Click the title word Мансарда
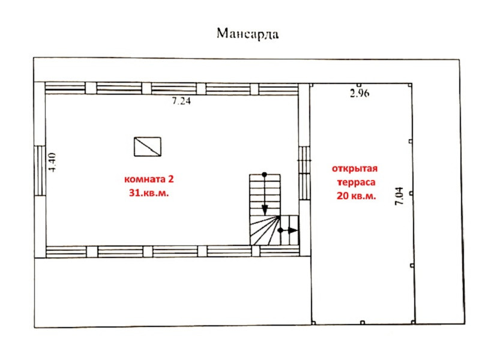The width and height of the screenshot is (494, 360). coord(248,34)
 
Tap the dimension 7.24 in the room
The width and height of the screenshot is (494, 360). coord(181,101)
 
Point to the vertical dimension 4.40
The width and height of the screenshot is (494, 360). coord(52,162)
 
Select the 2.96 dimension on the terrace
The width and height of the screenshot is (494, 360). coord(360,93)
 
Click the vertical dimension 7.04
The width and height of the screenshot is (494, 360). coord(399,196)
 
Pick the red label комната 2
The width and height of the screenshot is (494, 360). coord(149,179)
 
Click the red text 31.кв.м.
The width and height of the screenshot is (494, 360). coord(149,193)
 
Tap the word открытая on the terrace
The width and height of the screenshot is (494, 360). coord(354,169)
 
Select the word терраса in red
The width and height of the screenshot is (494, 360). coord(356,182)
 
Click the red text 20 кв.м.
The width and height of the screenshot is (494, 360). coord(357,196)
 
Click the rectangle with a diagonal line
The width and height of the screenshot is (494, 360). coord(148,146)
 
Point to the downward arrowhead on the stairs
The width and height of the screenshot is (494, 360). coord(265,209)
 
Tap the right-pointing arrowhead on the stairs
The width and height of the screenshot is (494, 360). coord(293,230)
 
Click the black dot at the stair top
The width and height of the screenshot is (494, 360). coord(264,174)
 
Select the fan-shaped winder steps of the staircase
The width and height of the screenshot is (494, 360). coord(265,230)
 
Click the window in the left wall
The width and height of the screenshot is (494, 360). coord(40,170)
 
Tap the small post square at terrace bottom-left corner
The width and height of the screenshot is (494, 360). coord(313,323)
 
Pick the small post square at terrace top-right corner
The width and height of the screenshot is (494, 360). coord(409,85)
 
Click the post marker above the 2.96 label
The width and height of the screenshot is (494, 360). coord(359,85)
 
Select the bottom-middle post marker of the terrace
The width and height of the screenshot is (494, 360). coord(363,323)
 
